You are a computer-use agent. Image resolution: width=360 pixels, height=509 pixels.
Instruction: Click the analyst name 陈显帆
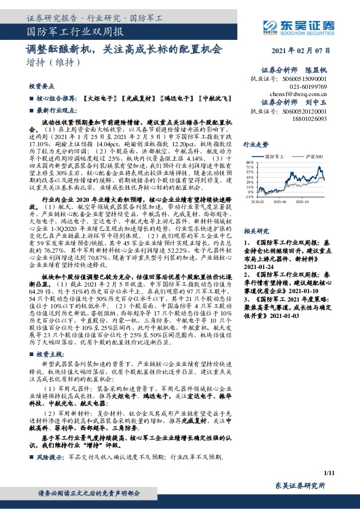pyautogui.click(x=315, y=70)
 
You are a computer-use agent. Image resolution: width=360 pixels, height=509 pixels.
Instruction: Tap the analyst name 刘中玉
pyautogui.click(x=315, y=102)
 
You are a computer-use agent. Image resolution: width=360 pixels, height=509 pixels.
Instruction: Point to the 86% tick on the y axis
pyautogui.click(x=250, y=163)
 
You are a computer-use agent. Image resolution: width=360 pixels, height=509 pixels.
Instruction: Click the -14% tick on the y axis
pyautogui.click(x=250, y=196)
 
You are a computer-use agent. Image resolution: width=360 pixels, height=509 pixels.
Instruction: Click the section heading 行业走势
pyautogui.click(x=255, y=145)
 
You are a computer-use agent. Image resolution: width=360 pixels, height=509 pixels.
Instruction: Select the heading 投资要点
pyautogui.click(x=41, y=86)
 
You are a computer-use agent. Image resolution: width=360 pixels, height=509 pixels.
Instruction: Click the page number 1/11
pyautogui.click(x=329, y=472)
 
